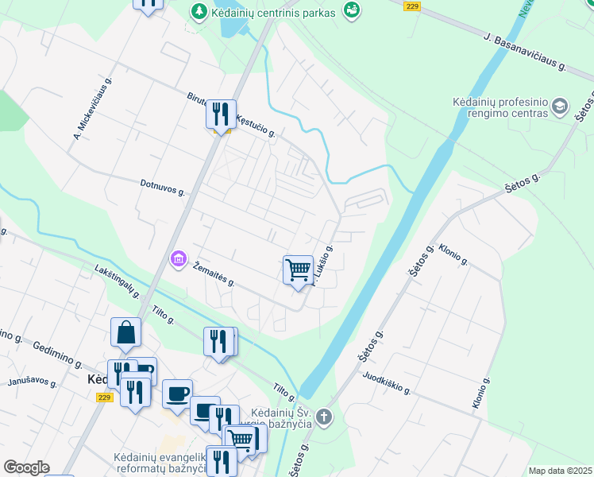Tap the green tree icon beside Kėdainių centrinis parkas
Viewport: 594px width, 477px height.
click(199, 12)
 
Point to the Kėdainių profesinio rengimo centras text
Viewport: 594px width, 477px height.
click(500, 108)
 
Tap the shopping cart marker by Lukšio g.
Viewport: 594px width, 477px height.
click(298, 270)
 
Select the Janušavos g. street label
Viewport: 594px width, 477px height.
click(32, 382)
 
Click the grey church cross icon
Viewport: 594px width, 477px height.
click(324, 417)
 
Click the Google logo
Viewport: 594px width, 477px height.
click(26, 467)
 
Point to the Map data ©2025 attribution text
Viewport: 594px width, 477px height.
click(559, 471)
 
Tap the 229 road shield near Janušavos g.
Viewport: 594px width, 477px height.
click(105, 397)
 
